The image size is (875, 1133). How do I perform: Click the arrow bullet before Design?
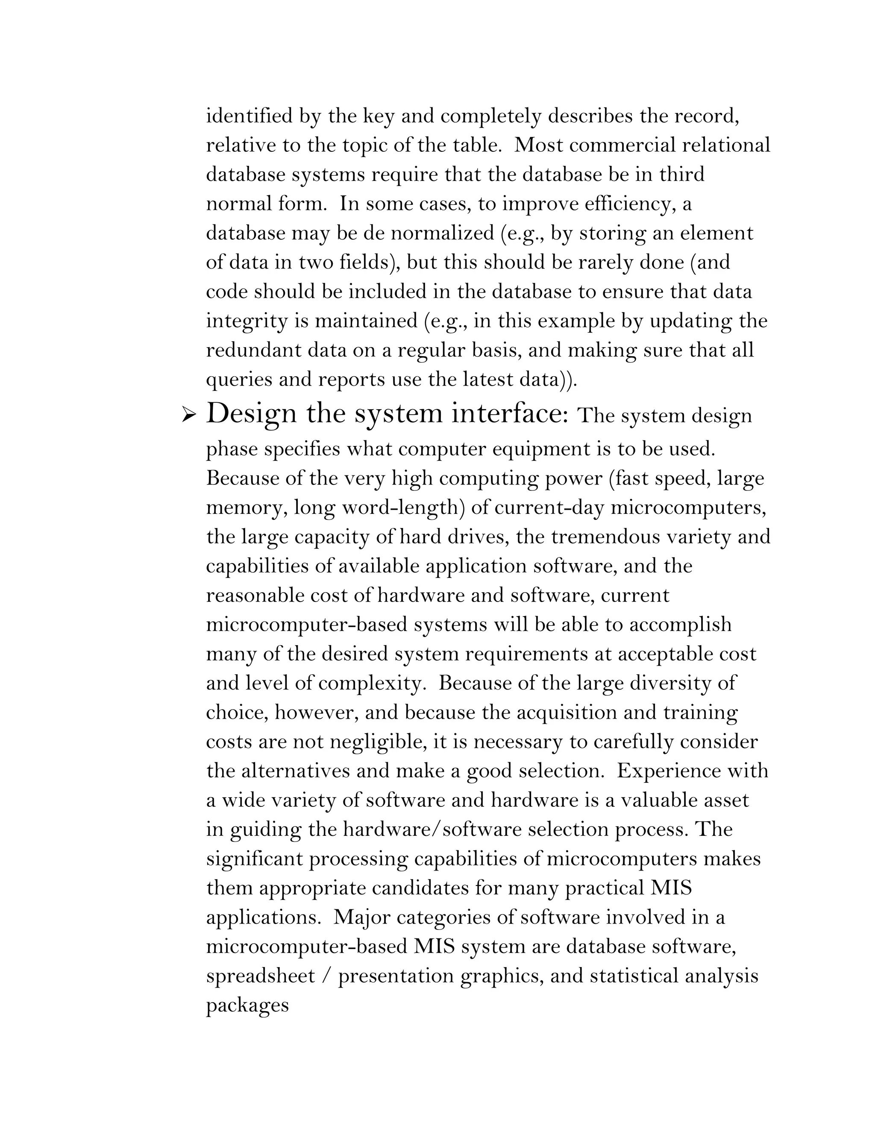[x=188, y=416]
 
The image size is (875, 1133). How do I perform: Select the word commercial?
[x=621, y=145]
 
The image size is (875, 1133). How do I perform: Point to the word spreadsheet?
[x=260, y=977]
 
